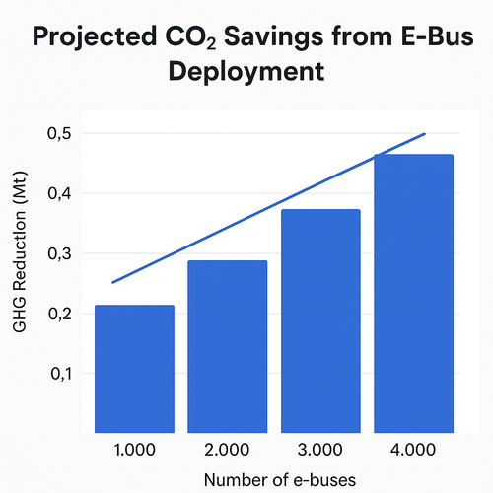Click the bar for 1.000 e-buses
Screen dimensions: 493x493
(134, 369)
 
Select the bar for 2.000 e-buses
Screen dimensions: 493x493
(227, 346)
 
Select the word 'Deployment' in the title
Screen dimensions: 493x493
(246, 73)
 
